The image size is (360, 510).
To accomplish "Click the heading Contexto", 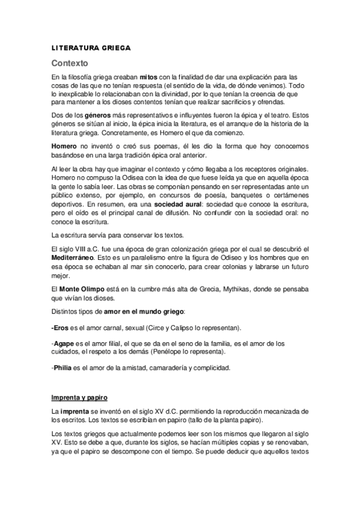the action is pyautogui.click(x=70, y=63).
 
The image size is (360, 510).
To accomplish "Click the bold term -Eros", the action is pyautogui.click(x=61, y=328).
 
